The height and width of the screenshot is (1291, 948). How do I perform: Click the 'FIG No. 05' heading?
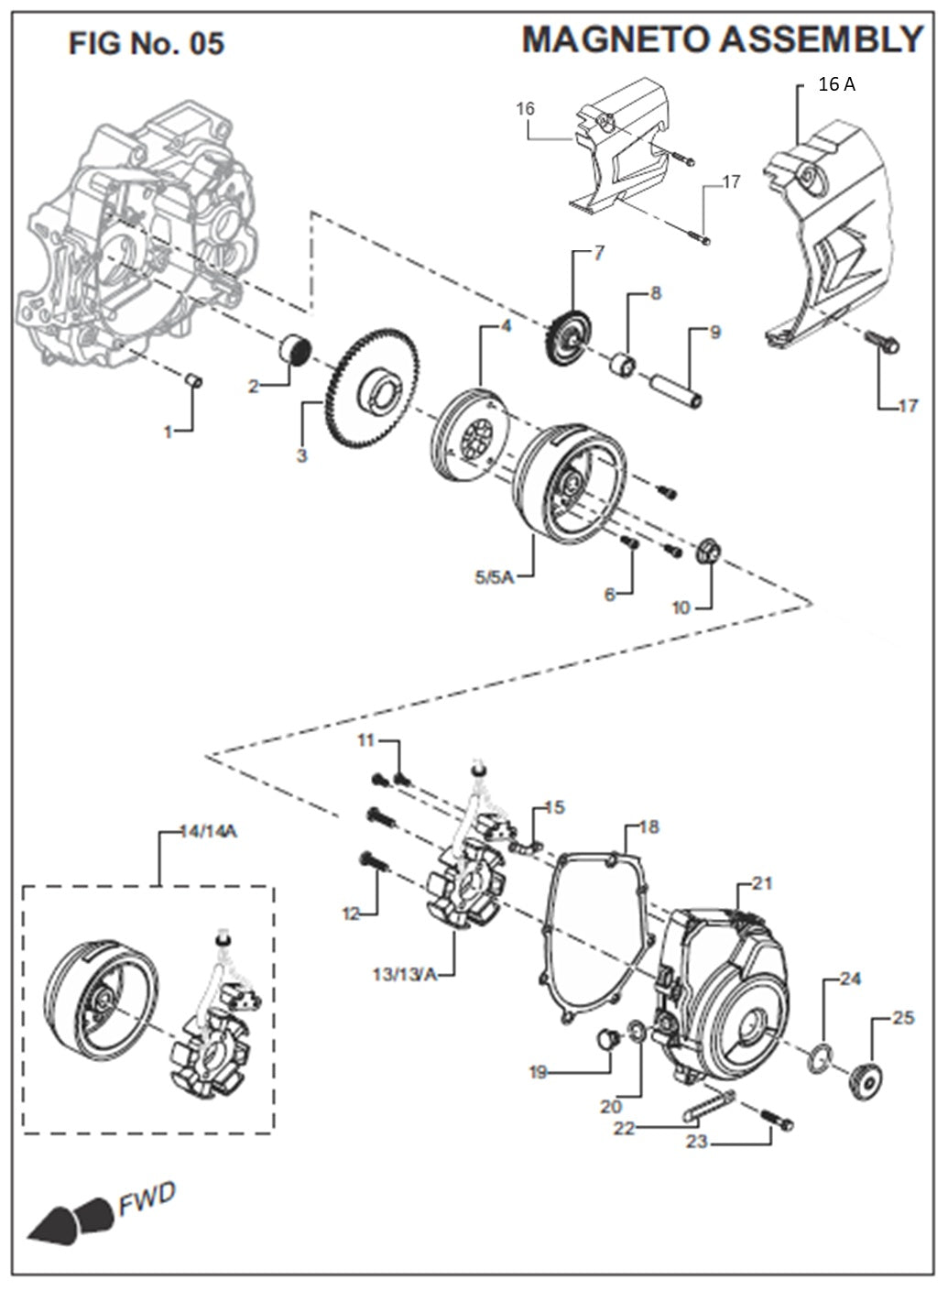(x=147, y=42)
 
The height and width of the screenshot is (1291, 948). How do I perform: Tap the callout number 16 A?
(x=836, y=84)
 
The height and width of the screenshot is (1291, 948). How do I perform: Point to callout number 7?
(x=599, y=254)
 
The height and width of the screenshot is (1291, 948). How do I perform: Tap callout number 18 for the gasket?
(x=648, y=827)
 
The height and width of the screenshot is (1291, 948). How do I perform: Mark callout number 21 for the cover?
(x=762, y=883)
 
